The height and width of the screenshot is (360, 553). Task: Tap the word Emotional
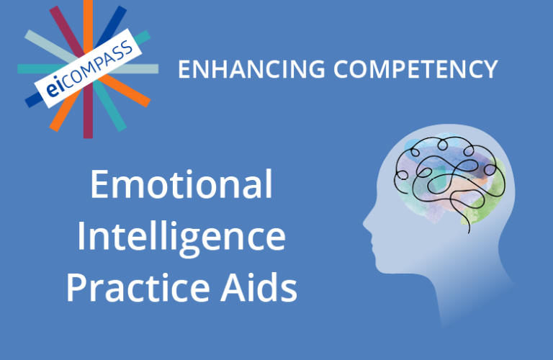[181, 186]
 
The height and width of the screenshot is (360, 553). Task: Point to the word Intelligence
[181, 237]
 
